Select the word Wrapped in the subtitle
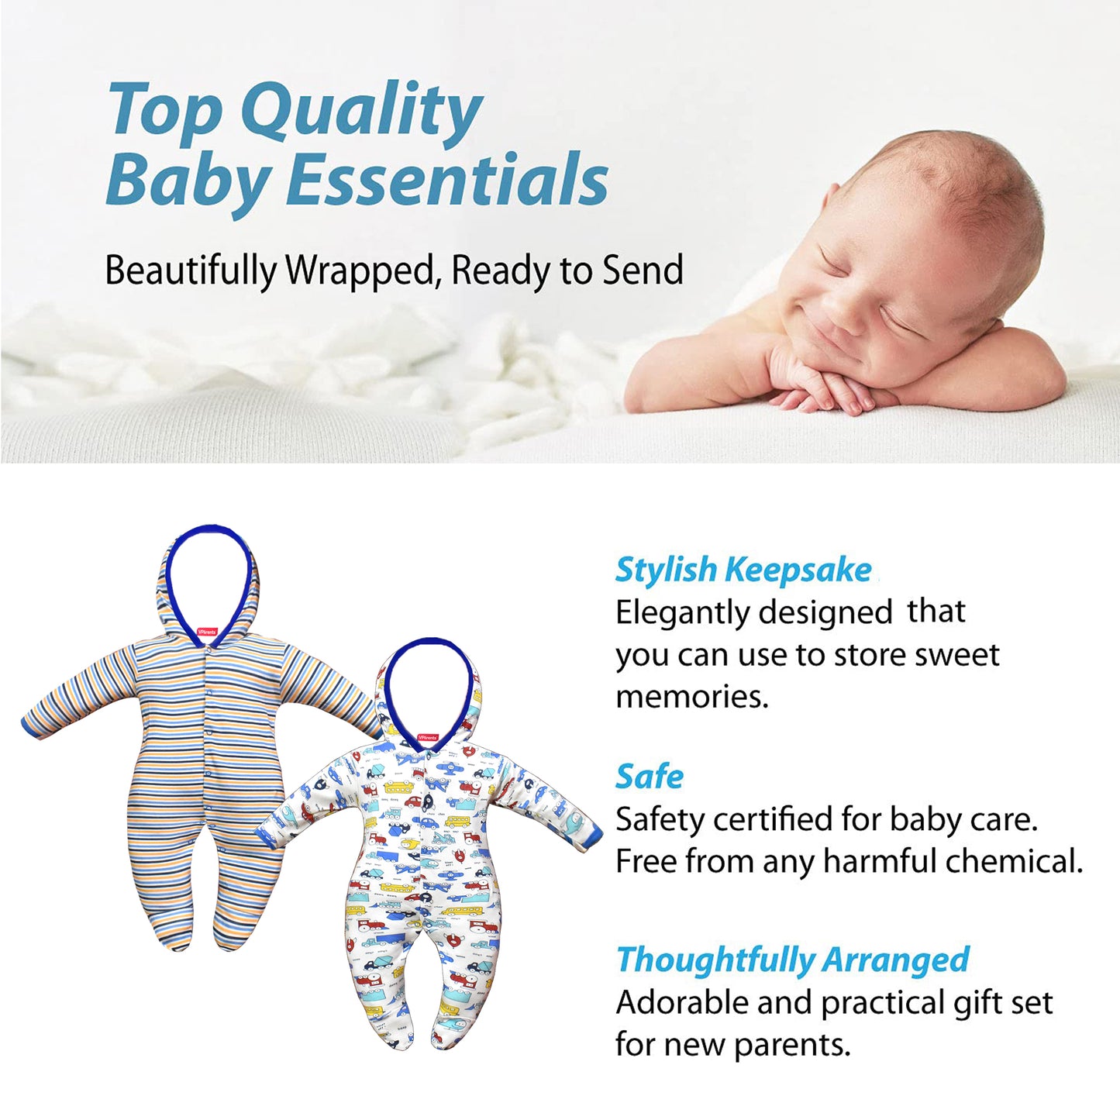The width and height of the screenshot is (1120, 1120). click(361, 271)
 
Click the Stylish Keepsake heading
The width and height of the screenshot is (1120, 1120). click(743, 570)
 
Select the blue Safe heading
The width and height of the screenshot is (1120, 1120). click(650, 776)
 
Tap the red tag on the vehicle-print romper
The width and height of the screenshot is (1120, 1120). click(428, 737)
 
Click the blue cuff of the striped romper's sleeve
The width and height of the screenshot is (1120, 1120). click(30, 727)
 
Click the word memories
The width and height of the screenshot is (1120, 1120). click(691, 697)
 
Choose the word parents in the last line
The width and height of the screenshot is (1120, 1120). click(791, 1046)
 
